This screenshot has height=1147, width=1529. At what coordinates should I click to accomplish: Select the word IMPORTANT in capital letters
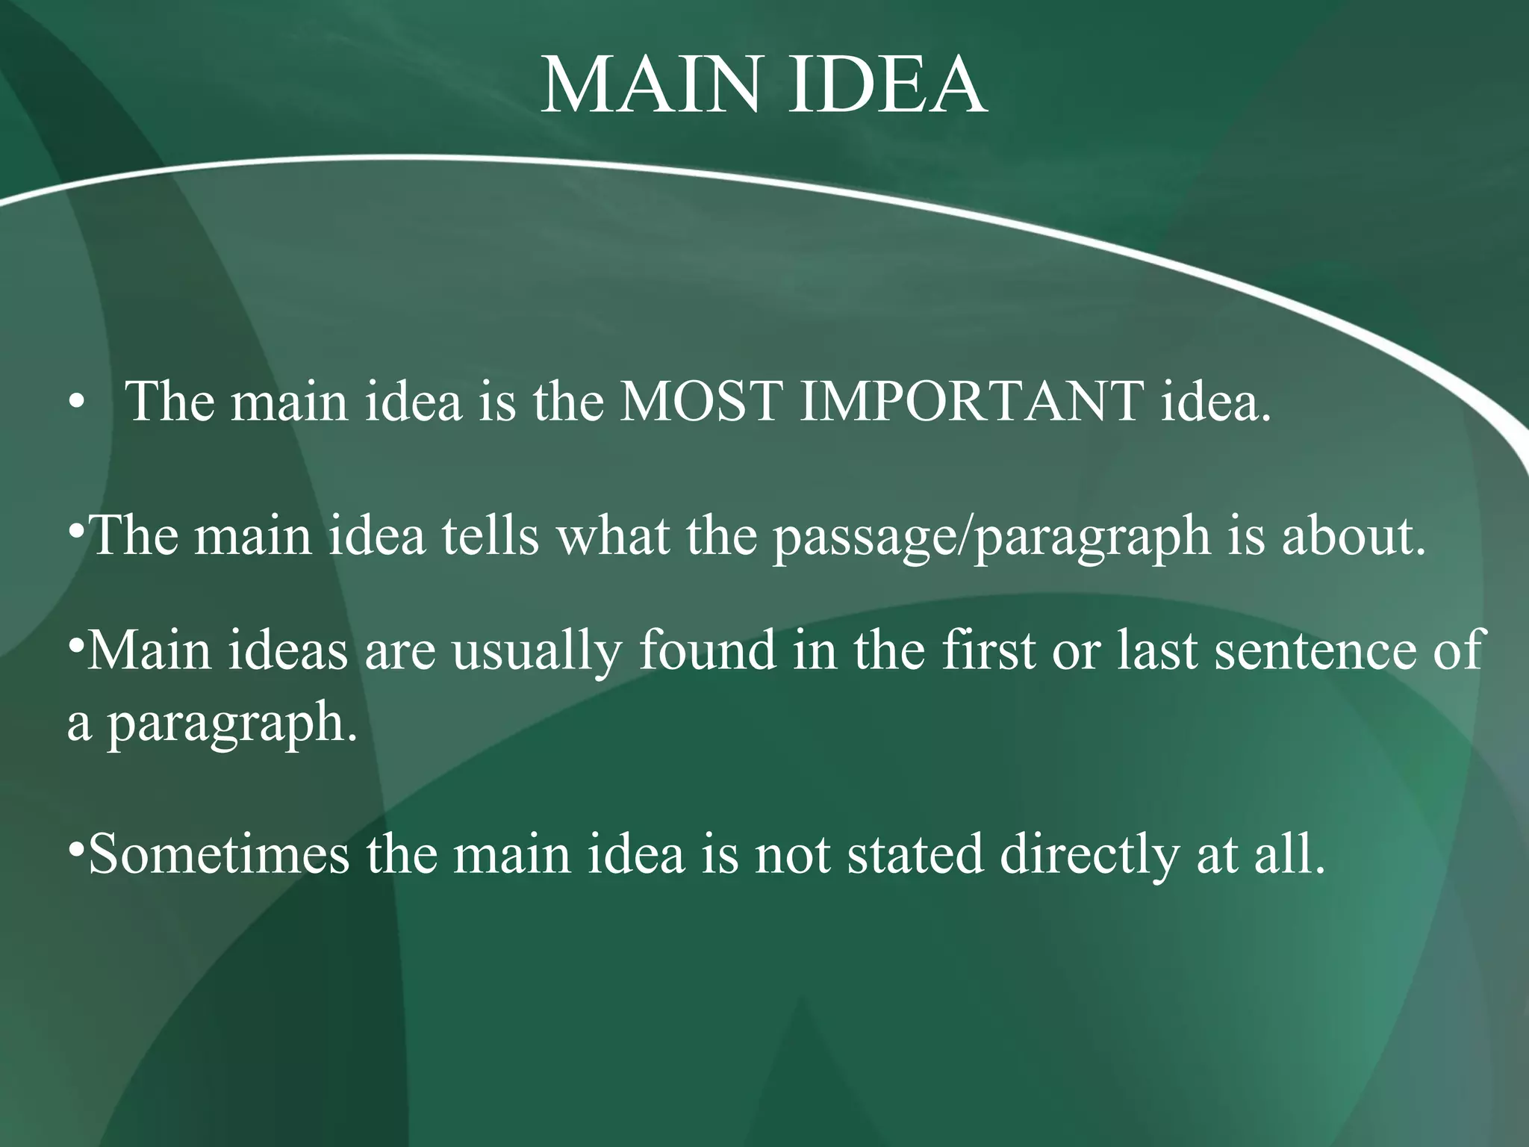tap(971, 402)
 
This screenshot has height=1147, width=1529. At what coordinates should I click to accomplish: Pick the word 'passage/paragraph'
tap(991, 538)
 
